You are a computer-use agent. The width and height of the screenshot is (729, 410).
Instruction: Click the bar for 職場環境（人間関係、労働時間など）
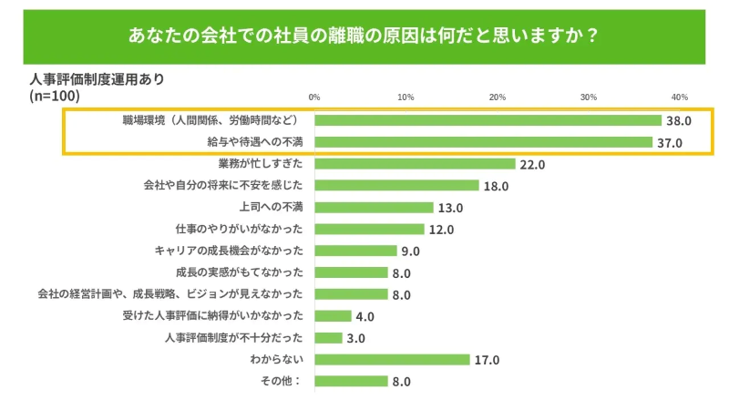488,120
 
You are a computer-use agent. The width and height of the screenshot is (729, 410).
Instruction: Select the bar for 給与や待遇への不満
484,142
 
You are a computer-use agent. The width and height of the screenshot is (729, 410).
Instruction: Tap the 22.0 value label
532,165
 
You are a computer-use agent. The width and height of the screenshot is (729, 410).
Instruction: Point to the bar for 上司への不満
375,207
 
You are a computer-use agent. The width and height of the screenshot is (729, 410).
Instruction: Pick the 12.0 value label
441,230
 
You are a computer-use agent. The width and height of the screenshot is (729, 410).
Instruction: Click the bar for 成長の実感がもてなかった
352,272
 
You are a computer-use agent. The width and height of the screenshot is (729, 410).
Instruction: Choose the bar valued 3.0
329,338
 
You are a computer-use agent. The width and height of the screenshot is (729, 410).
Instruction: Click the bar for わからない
393,360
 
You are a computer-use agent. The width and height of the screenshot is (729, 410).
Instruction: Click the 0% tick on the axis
314,97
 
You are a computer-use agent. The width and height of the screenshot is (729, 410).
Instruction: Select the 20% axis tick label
498,97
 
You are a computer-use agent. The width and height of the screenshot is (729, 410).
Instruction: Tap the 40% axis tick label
679,97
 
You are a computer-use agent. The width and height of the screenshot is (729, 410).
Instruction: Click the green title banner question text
364,36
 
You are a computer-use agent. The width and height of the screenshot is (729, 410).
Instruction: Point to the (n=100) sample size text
55,95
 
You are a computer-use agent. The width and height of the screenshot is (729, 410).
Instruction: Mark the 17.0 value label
487,361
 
